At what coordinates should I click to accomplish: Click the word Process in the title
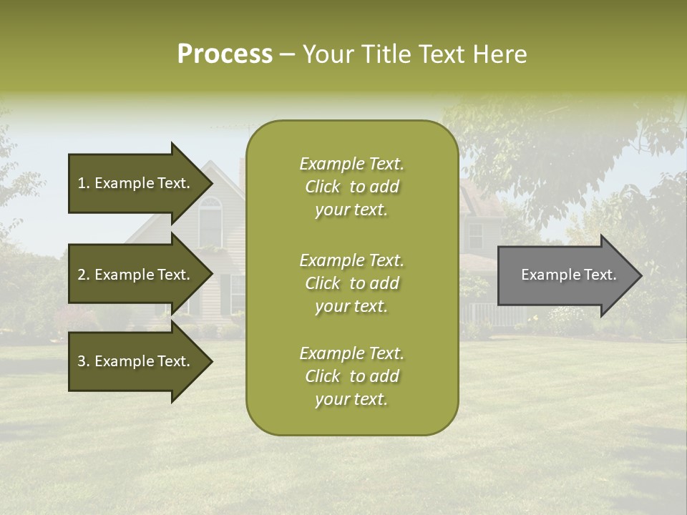click(225, 54)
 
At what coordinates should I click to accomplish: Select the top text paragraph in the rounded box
click(351, 187)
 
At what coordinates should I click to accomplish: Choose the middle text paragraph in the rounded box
click(351, 283)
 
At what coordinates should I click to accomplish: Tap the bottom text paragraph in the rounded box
click(351, 376)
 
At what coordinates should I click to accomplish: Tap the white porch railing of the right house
click(484, 313)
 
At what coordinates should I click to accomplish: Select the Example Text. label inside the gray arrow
click(568, 275)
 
